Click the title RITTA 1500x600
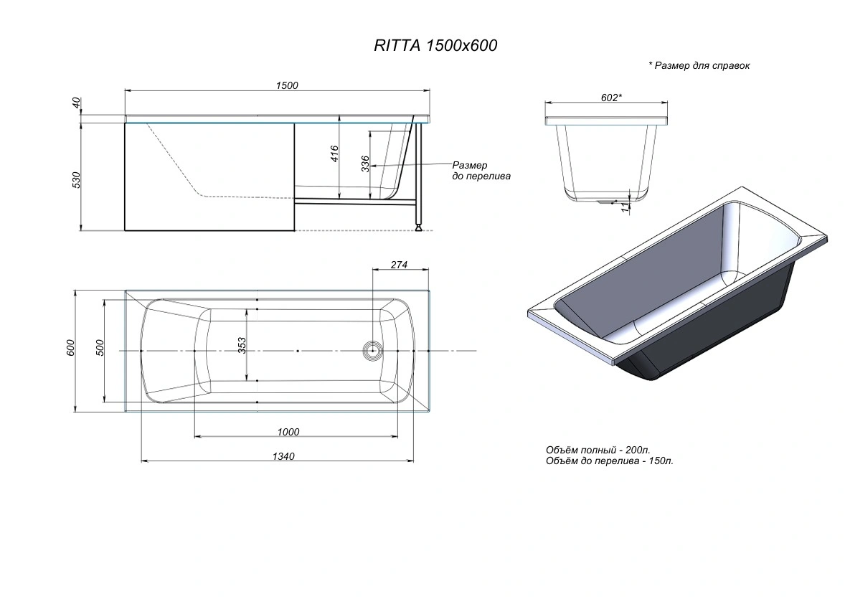[435, 45]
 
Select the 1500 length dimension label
[287, 85]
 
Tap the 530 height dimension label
[76, 179]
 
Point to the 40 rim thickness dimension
[76, 103]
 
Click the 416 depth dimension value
[334, 154]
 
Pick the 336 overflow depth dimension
[365, 164]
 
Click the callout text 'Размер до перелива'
[481, 170]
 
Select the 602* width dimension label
[612, 98]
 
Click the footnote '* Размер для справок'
[699, 65]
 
